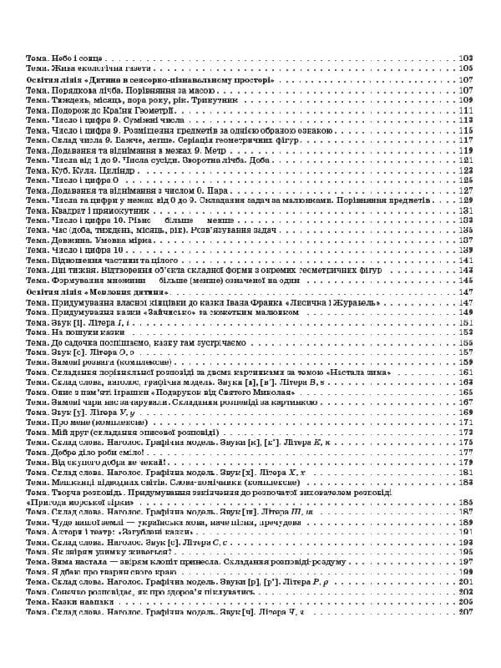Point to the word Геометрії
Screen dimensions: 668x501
tap(151, 110)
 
